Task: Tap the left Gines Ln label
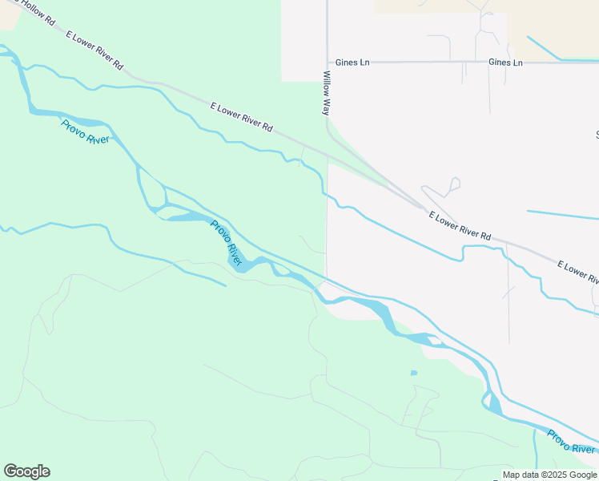(353, 62)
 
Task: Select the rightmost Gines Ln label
(505, 62)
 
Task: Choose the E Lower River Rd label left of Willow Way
(241, 117)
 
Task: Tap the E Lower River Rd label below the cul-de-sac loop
(460, 226)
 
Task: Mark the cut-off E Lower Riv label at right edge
(577, 273)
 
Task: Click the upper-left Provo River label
(84, 131)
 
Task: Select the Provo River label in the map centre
(227, 243)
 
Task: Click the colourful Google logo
(26, 471)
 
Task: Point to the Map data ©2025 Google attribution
(549, 475)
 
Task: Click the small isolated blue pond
(413, 373)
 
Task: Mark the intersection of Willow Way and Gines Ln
(327, 62)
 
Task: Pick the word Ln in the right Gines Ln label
(517, 62)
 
